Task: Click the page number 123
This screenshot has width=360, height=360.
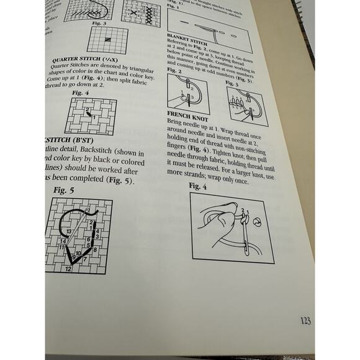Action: (305, 320)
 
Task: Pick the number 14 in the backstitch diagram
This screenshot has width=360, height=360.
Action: (63, 240)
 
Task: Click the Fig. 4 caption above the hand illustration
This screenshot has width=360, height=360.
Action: (197, 185)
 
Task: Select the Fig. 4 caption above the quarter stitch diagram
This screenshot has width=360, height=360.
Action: (79, 92)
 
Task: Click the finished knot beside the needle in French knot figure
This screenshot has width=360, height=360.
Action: (256, 221)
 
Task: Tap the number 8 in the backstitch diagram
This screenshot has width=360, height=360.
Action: (88, 245)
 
